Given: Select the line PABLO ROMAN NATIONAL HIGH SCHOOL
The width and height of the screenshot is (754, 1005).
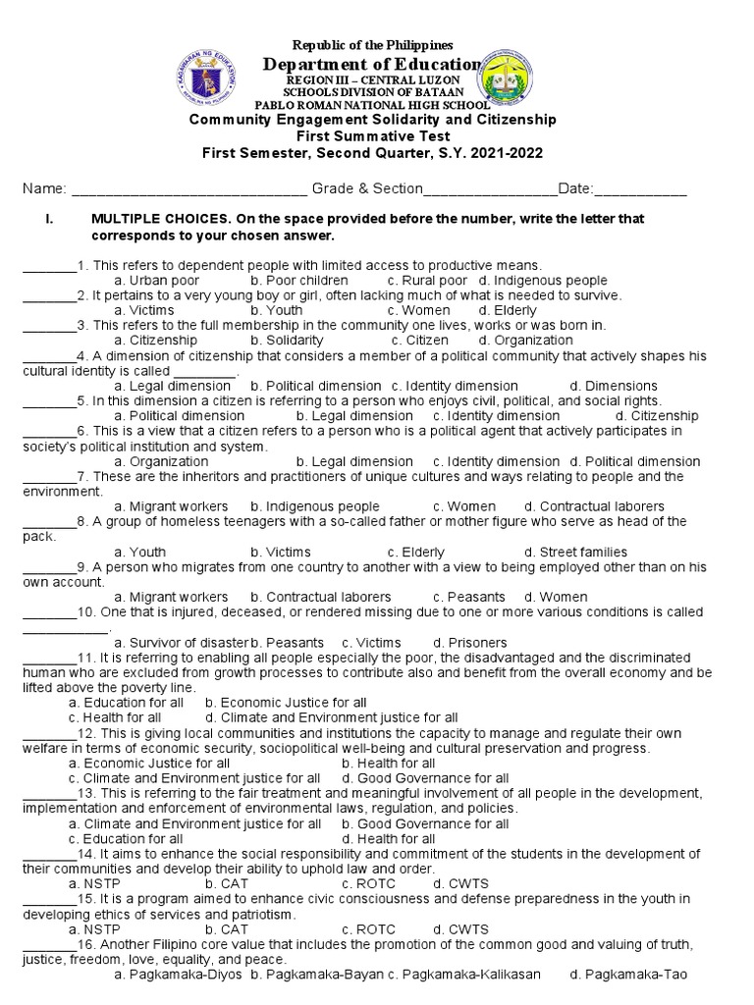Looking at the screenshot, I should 372,105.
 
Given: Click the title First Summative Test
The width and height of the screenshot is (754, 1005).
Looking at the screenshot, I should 372,136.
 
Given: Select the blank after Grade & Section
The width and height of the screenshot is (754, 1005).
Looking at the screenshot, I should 490,188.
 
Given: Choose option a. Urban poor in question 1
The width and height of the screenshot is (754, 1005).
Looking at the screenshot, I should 157,281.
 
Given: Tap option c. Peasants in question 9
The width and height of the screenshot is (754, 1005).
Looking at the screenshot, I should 468,597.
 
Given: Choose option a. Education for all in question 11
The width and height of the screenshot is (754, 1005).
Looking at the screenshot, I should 126,703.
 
